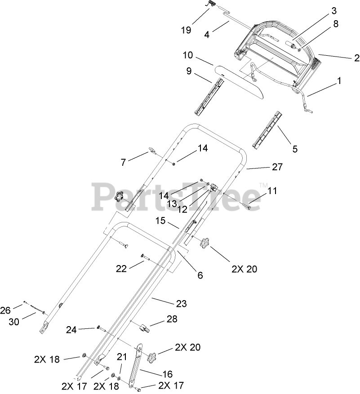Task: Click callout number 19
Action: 186,30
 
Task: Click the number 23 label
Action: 181,304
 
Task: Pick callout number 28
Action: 172,319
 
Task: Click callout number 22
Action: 121,268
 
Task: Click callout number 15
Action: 160,221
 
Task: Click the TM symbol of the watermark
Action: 263,185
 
